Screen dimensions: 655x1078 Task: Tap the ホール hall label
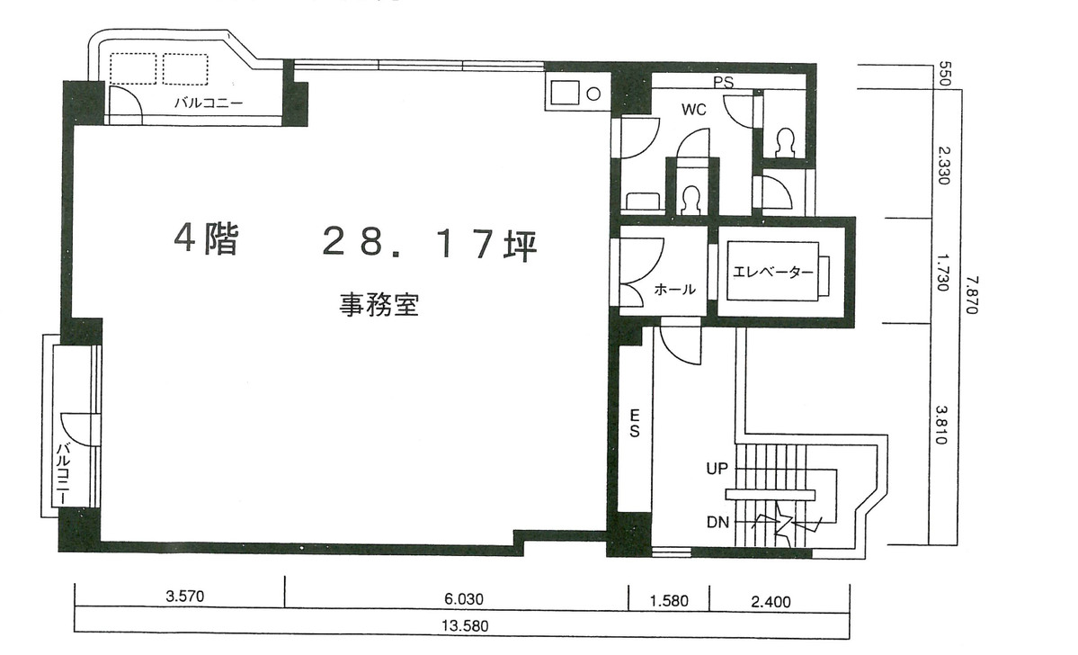[x=674, y=290]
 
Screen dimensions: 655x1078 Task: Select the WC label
[x=693, y=110]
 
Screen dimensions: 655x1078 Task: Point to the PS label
[x=723, y=82]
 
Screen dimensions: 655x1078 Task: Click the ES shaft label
[x=634, y=423]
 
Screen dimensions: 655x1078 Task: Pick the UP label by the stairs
[x=717, y=469]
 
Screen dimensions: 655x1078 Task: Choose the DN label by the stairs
[x=717, y=522]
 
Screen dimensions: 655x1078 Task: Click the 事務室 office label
[x=379, y=305]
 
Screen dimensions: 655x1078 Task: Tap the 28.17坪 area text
[x=429, y=243]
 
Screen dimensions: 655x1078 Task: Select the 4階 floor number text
[x=206, y=239]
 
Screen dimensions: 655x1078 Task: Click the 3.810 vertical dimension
[x=942, y=429]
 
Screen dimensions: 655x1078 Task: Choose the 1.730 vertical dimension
[x=942, y=269]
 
